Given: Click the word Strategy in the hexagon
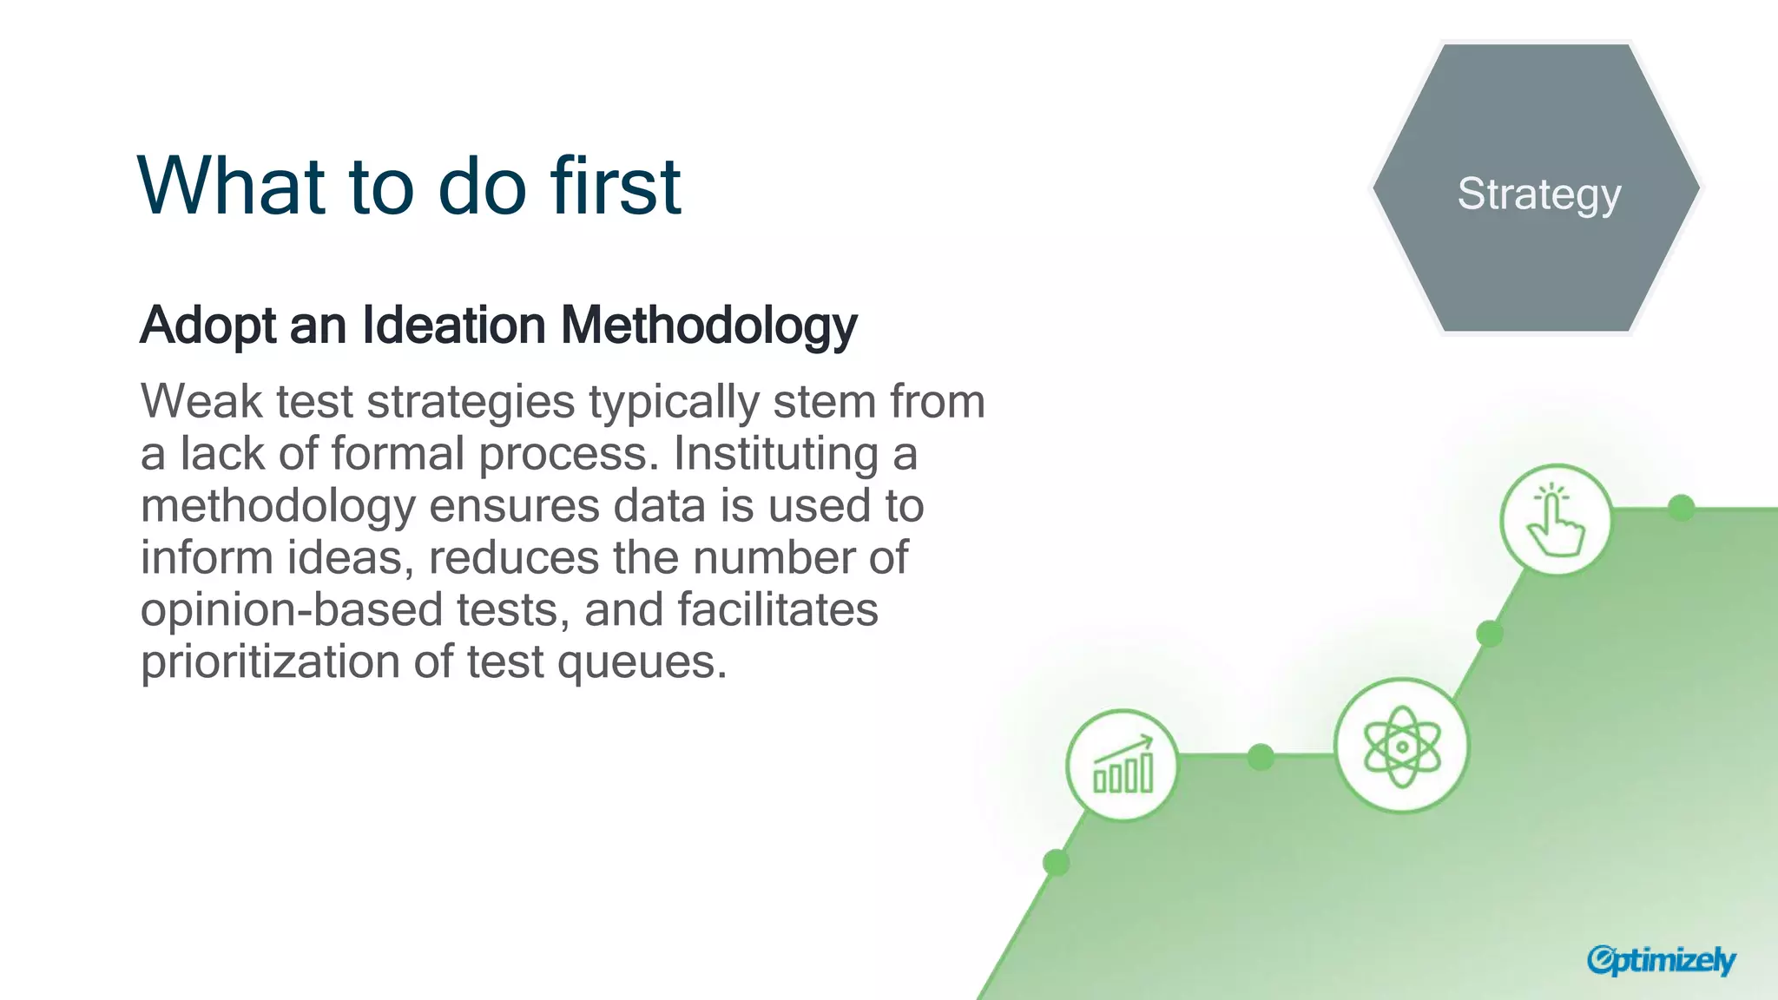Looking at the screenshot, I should [x=1538, y=194].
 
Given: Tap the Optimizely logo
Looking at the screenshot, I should [x=1660, y=960].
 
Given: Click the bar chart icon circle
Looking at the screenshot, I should [x=1123, y=766].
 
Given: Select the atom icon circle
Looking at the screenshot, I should [x=1401, y=746].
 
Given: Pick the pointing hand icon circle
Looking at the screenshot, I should [x=1556, y=520].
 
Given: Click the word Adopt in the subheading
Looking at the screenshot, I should [x=207, y=326].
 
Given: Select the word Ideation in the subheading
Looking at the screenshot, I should [x=453, y=325].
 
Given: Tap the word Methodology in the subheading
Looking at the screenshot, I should [x=708, y=326].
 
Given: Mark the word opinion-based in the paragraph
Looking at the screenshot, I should [x=292, y=609].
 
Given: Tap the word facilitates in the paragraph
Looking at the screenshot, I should [x=777, y=609].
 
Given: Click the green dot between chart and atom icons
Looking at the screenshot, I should [x=1261, y=757].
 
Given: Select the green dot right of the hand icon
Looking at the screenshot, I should [x=1682, y=508].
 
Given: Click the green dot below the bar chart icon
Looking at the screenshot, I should [x=1056, y=863].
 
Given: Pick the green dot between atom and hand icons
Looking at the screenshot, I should [x=1490, y=634].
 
